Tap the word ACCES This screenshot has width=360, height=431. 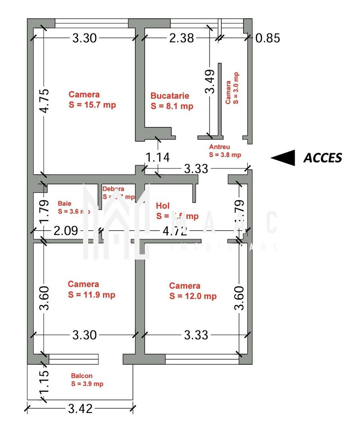coord(322,158)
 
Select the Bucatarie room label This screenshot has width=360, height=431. coord(172,101)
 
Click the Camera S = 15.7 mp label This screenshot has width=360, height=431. coord(92,100)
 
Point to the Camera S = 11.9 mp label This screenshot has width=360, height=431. coord(91,289)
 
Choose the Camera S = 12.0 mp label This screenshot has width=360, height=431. coord(193,291)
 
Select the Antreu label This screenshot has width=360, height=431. coord(225,151)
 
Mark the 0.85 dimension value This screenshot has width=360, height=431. coord(267,38)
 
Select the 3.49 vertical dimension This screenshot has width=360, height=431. coord(210,82)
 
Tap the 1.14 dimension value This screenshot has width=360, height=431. coord(158,158)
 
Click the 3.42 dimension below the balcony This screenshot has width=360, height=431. coord(80,409)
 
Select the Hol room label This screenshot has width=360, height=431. coord(177,211)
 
